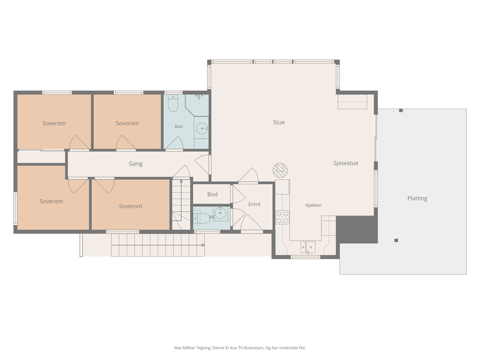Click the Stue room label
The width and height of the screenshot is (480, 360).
(279, 122)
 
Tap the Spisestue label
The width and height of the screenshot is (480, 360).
(346, 163)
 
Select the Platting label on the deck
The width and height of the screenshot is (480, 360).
(417, 198)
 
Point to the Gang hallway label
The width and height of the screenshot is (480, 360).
(136, 164)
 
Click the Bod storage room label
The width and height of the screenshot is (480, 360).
(212, 194)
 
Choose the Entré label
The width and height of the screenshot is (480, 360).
(254, 204)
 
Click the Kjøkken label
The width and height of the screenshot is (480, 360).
(313, 205)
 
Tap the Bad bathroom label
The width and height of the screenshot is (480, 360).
(178, 126)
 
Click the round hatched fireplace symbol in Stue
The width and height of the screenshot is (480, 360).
(280, 170)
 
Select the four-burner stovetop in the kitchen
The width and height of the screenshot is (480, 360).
(282, 217)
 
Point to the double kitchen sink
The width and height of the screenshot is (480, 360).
(308, 247)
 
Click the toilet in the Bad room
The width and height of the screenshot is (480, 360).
(173, 103)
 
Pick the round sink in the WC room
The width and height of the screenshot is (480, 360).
(220, 213)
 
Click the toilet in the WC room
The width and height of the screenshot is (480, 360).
(202, 218)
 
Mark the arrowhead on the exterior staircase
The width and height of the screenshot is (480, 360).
(203, 245)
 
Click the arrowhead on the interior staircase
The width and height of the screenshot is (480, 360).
(181, 181)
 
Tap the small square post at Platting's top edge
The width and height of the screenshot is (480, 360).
(401, 111)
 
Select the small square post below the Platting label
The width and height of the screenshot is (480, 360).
(396, 240)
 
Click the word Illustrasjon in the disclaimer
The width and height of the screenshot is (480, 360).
(253, 348)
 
